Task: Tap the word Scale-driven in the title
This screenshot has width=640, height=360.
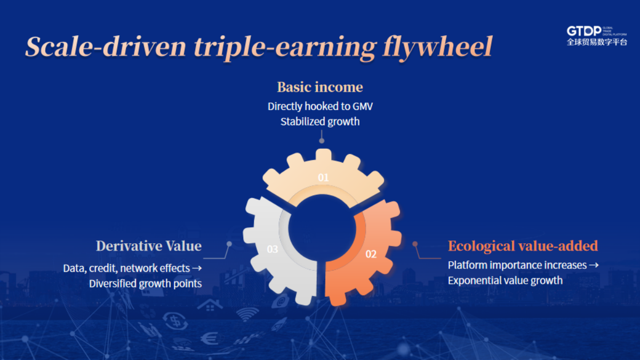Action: pos(106,46)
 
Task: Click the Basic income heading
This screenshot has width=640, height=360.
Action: pos(320,87)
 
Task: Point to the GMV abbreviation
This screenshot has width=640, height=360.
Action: pos(363,107)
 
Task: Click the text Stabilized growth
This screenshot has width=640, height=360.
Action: pos(320,122)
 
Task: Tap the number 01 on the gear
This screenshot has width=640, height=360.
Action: pos(323,178)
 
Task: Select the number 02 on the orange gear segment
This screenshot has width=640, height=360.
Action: pos(371,254)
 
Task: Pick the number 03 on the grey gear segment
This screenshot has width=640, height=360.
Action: pos(273,249)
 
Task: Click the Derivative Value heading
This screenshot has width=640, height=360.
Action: pos(149,246)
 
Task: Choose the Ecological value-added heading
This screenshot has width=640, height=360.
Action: pos(523,246)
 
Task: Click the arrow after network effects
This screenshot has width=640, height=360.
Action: pos(197,268)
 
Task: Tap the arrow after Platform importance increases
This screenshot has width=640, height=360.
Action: pos(594,265)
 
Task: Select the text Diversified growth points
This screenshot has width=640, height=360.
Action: pos(146,284)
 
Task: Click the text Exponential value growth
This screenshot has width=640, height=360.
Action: pos(505,281)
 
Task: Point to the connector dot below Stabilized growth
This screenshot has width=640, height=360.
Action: pos(322,141)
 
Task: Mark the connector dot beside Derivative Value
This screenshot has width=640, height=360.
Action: pos(229,244)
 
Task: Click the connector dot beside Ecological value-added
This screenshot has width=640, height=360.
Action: pos(415,244)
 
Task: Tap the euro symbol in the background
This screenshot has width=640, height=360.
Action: pos(209,339)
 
